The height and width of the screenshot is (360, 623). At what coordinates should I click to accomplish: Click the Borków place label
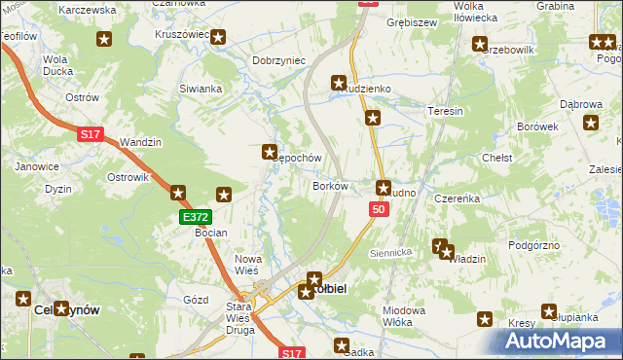click(330, 185)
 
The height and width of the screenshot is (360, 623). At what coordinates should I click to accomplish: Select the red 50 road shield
click(379, 210)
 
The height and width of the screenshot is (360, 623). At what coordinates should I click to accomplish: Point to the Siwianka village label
click(201, 89)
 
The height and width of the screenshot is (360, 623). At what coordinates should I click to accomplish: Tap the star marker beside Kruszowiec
click(219, 38)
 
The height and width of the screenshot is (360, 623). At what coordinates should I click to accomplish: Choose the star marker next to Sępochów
click(270, 152)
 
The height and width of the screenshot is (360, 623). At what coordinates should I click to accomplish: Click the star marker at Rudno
click(384, 187)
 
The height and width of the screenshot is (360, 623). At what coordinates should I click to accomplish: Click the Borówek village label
click(538, 126)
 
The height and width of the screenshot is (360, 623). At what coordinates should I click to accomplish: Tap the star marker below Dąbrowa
click(591, 123)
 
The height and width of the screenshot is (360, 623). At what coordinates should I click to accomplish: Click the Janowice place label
click(36, 166)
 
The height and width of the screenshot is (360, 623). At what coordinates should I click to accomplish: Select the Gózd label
click(196, 300)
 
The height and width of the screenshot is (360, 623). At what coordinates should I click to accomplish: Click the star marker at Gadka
click(342, 344)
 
